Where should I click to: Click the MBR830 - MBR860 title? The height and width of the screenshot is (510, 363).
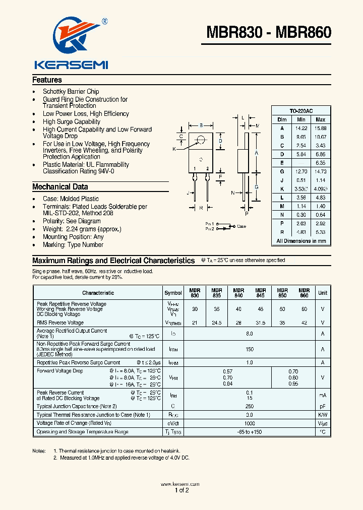(x=269, y=32)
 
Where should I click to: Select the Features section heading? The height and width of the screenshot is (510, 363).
(x=47, y=80)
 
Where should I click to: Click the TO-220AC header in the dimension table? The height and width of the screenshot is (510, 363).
(x=301, y=111)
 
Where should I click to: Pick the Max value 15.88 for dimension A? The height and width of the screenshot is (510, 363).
(x=320, y=128)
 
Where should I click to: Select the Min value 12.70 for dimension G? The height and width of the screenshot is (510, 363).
(x=301, y=171)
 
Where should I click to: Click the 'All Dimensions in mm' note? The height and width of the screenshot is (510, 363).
(x=301, y=241)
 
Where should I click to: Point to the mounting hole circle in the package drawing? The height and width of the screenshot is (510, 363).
(x=201, y=140)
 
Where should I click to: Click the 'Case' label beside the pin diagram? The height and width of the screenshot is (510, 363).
(x=241, y=226)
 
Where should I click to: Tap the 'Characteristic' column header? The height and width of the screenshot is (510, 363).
(x=98, y=293)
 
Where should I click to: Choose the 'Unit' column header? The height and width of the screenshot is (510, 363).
(x=322, y=293)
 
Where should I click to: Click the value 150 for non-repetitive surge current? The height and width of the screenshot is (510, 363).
(x=249, y=349)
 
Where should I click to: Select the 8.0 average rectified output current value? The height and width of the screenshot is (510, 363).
(x=249, y=334)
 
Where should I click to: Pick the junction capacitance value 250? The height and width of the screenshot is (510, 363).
(x=249, y=406)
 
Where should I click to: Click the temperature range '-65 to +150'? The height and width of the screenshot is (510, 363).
(x=249, y=432)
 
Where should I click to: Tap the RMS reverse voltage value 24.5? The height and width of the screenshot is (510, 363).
(x=216, y=323)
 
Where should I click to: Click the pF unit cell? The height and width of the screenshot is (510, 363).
(x=322, y=406)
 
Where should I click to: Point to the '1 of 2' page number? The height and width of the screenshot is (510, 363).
(x=181, y=490)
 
